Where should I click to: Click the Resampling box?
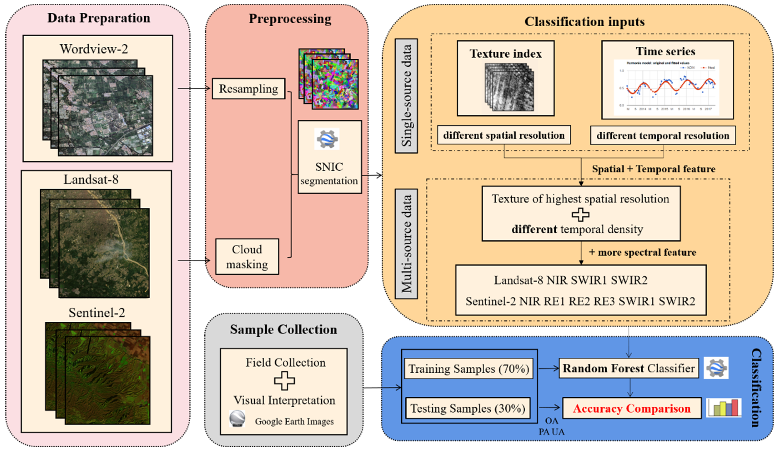(248, 89)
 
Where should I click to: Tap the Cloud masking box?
(247, 256)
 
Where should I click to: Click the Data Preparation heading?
(99, 18)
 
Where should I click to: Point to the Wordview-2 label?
(94, 49)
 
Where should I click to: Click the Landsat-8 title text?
(91, 179)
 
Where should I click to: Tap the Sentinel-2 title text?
(97, 313)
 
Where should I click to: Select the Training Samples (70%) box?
(469, 369)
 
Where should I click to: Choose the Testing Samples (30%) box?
(468, 408)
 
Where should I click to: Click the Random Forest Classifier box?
(629, 368)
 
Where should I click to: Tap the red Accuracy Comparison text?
(631, 408)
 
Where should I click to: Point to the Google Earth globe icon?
(237, 419)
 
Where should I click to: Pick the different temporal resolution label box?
(663, 135)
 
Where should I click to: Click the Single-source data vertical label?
(406, 96)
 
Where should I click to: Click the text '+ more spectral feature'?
(642, 252)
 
